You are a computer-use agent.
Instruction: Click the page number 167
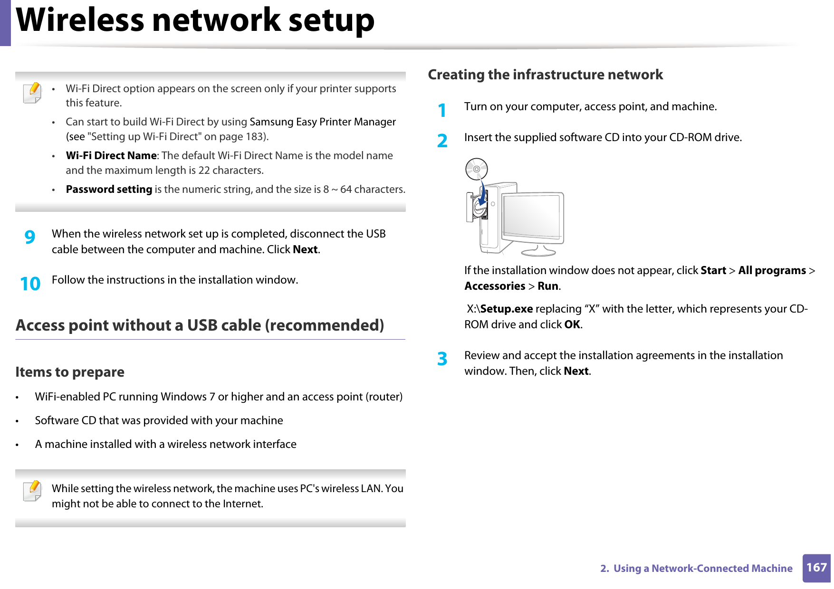[816, 567]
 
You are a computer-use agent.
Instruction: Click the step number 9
[30, 237]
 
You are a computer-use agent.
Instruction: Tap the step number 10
[30, 284]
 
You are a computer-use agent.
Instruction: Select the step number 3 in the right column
[442, 359]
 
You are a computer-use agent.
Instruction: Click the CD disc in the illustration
[476, 169]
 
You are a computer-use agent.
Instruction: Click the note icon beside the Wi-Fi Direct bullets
[32, 93]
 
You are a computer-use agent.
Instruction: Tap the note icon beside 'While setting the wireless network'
[32, 491]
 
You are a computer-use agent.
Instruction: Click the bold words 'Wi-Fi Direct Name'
[111, 156]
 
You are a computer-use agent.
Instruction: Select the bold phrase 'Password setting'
[109, 190]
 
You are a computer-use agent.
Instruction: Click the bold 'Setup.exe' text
[506, 309]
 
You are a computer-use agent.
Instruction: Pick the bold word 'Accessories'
[494, 286]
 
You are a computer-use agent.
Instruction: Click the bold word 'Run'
[547, 286]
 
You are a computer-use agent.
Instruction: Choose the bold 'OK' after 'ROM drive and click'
[572, 324]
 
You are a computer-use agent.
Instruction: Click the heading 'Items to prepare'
[70, 372]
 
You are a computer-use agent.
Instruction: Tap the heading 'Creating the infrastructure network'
[545, 75]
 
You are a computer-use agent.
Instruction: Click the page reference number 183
[255, 137]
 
